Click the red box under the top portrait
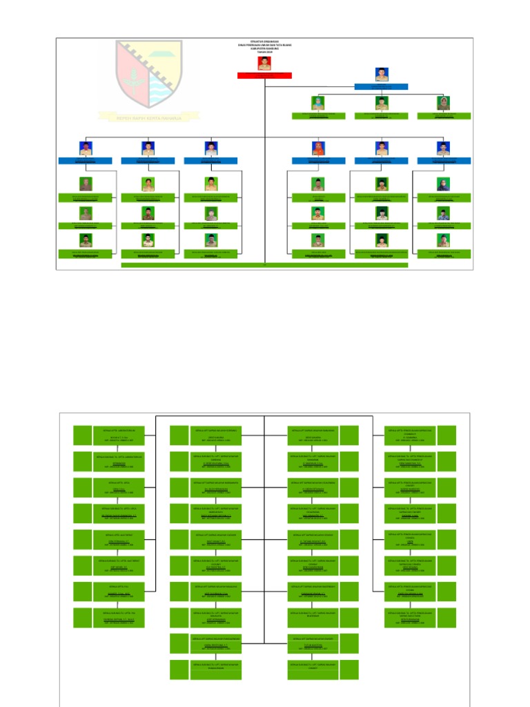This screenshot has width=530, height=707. point(265,75)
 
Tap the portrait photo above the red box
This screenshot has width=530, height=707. point(265,63)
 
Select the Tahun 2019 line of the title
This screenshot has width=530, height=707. point(265,52)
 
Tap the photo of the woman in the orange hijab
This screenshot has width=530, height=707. point(318,148)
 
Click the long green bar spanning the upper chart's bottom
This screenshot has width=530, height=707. point(264,264)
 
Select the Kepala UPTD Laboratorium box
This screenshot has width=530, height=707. point(121,436)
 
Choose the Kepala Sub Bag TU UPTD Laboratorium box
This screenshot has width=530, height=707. point(121,462)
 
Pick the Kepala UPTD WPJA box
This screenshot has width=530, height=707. point(121,487)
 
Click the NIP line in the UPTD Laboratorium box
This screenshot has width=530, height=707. point(121,442)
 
